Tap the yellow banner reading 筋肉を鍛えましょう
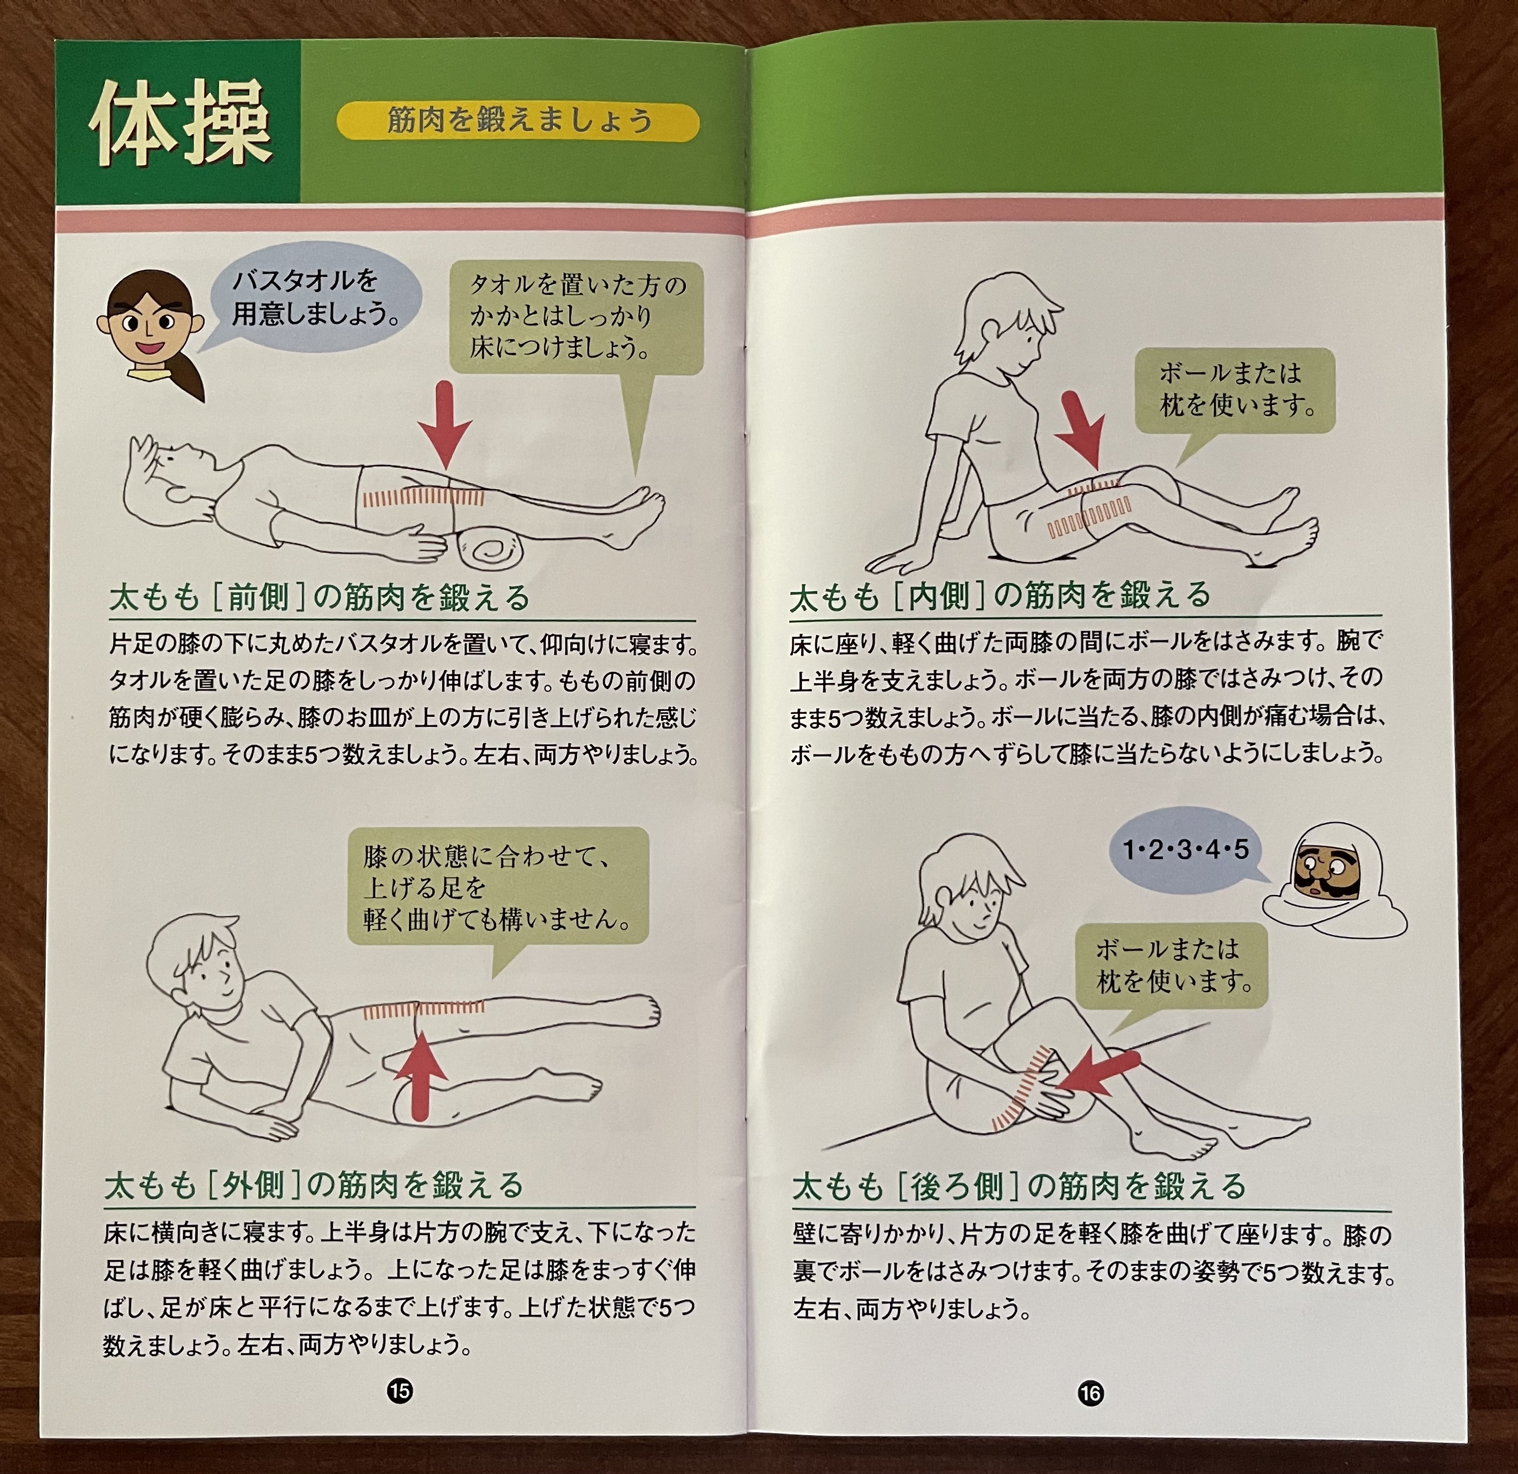coord(517,122)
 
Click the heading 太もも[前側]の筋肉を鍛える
coord(319,598)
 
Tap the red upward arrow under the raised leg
coord(420,1076)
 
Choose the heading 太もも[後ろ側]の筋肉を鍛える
coord(1018,1186)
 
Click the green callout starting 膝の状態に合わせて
coord(496,887)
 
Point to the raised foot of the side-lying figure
coord(635,1011)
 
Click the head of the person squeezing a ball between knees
coord(1007,325)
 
